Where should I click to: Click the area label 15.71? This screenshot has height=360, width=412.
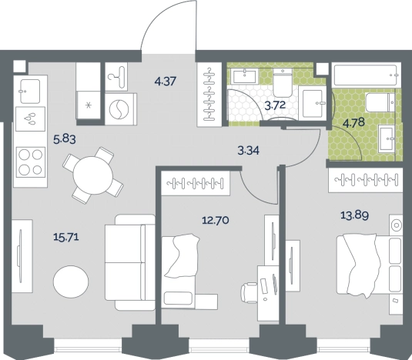pos(66,237)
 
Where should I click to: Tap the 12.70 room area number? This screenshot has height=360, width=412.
pos(215,220)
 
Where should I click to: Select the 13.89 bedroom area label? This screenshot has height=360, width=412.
pos(354,215)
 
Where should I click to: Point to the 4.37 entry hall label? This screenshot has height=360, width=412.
pos(166,81)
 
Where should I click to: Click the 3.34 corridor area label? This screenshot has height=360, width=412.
pos(248,151)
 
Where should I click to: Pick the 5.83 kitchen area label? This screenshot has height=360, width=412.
pos(65,138)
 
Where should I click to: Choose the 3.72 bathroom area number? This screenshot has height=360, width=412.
pos(275,105)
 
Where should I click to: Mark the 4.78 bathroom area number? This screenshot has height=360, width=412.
pos(354,122)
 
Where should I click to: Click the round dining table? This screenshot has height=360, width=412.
pos(93,175)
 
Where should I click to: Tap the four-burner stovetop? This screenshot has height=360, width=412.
pos(31,162)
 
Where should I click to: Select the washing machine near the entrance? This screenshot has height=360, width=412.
pos(121,109)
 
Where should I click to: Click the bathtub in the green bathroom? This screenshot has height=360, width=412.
pos(367,75)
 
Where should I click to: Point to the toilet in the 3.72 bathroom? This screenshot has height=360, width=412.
pos(283,82)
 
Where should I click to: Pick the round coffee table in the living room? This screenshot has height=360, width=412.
pos(71,282)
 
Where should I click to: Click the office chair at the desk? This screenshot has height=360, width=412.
pos(249,293)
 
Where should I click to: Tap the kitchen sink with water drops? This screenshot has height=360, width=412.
pos(30,119)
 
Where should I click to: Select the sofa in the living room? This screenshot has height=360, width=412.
pos(130,262)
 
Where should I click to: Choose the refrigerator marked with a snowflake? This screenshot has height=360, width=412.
pos(89,105)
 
